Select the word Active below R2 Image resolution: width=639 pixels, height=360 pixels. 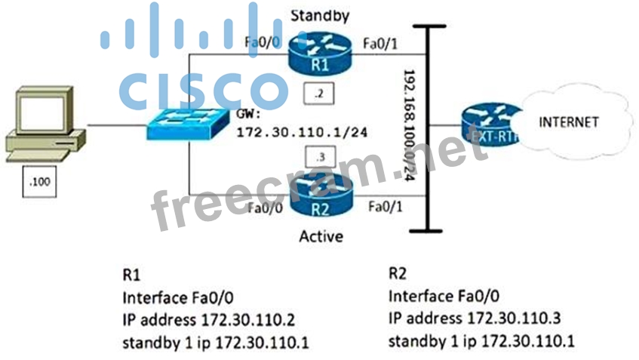pos(320,236)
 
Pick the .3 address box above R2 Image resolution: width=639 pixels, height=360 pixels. pos(317,157)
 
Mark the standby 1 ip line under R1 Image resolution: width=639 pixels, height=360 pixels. pos(215,344)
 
